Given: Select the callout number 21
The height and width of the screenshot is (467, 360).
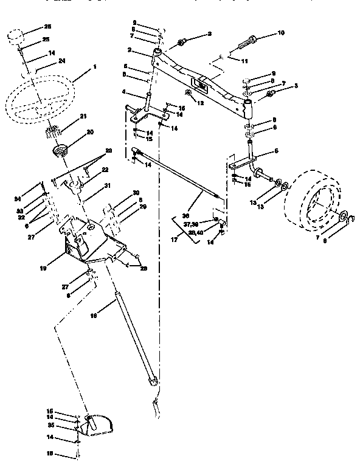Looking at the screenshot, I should [84, 116].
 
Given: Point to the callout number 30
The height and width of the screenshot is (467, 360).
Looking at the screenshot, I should [136, 192].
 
